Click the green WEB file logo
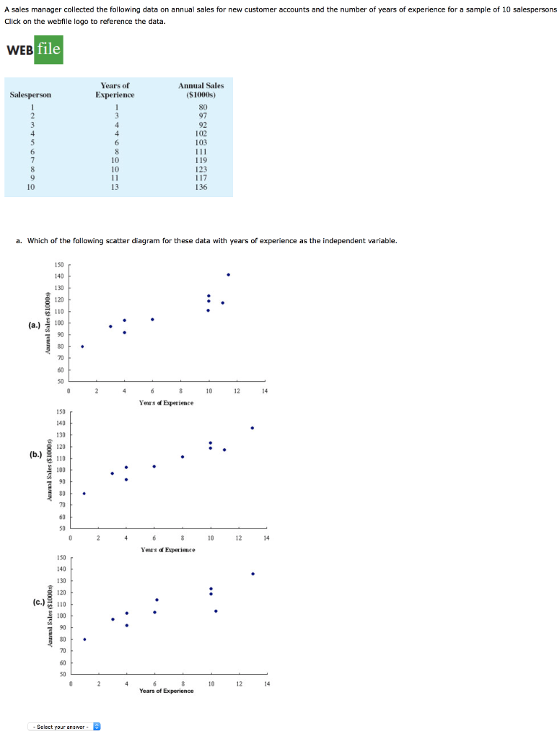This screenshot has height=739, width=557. click(35, 50)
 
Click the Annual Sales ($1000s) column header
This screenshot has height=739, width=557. click(201, 90)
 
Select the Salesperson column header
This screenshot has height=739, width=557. click(30, 95)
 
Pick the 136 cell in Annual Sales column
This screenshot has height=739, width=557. click(201, 187)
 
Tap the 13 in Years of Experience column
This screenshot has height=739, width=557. click(115, 187)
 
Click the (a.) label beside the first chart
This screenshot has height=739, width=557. click(35, 325)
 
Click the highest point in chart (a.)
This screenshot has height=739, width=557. click(228, 274)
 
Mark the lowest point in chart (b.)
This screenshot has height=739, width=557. click(84, 494)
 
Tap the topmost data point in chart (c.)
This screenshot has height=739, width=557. click(253, 574)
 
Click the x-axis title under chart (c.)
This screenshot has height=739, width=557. click(167, 691)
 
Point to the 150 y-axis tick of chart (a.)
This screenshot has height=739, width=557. click(58, 265)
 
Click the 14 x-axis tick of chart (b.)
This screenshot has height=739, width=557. click(266, 538)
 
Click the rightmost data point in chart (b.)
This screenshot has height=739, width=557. click(252, 428)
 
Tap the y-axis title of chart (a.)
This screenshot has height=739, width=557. click(48, 322)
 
